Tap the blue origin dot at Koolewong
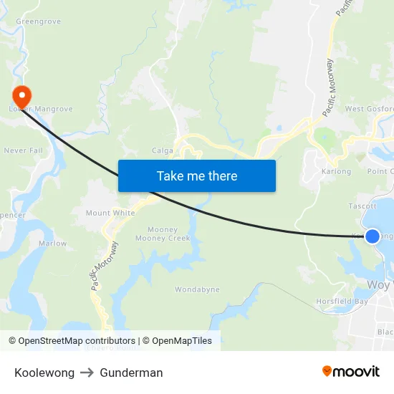(x=373, y=236)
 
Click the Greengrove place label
(x=38, y=21)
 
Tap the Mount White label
(x=110, y=213)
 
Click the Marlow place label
(x=52, y=244)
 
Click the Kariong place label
(x=336, y=171)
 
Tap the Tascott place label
(x=362, y=206)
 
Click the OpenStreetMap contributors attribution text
(x=77, y=341)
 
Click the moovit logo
(x=350, y=371)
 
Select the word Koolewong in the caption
(x=44, y=373)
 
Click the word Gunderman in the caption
(x=131, y=373)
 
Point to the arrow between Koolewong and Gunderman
(x=87, y=373)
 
